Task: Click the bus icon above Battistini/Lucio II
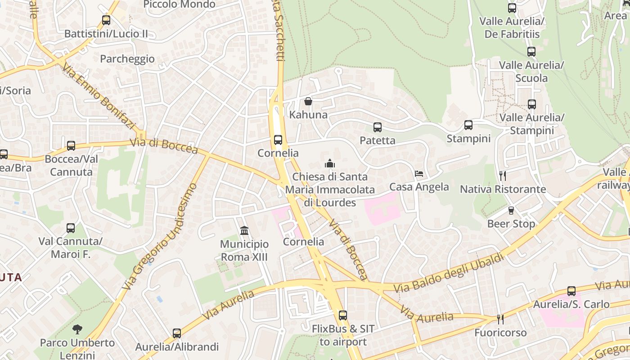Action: tap(106, 20)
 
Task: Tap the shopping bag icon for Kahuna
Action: tap(308, 101)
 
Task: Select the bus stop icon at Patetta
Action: tap(378, 127)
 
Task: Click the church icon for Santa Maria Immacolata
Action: tap(330, 163)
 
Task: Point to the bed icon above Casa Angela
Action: tap(419, 173)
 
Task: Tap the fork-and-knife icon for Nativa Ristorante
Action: tap(503, 175)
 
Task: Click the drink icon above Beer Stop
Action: tap(511, 210)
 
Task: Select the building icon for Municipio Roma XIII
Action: tap(244, 231)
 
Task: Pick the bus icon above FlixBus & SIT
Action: tap(343, 315)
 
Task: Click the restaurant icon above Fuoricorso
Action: tap(500, 319)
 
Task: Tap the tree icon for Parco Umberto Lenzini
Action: tap(77, 329)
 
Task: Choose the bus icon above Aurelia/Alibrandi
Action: tap(177, 333)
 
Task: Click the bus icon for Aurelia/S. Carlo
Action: tap(571, 291)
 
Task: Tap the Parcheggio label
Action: tap(127, 59)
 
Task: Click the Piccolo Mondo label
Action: tap(179, 4)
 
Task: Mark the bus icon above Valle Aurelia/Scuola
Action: tap(531, 52)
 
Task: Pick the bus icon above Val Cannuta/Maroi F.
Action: tap(71, 228)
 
